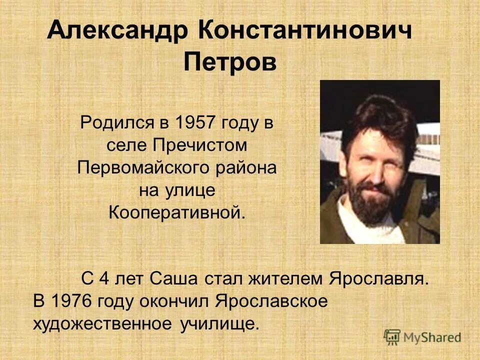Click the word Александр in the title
pos(118,32)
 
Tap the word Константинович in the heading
pos(305,31)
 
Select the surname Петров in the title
pos(230,63)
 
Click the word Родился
pos(119,122)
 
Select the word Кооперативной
pos(177,213)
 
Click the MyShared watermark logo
pos(423,337)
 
